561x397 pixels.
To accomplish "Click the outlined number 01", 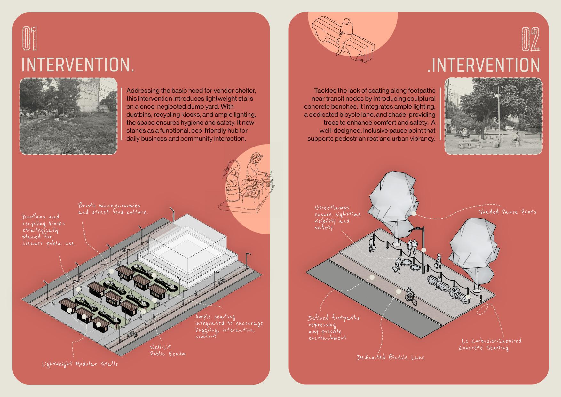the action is click(x=29, y=38).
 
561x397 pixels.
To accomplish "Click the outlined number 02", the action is click(x=530, y=39).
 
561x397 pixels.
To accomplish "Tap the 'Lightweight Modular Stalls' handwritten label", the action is click(x=80, y=364).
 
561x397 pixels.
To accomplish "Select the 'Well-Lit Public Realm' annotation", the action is click(x=168, y=351).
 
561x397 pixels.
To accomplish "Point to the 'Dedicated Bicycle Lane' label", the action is click(x=391, y=357).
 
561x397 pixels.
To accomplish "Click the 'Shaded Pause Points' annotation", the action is click(x=507, y=212).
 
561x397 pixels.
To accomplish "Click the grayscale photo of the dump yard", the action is click(x=68, y=116).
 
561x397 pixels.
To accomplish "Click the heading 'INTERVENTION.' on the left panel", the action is click(x=78, y=65).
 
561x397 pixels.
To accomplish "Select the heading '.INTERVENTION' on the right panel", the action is click(x=484, y=65).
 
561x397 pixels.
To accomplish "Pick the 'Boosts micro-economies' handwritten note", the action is click(x=113, y=209).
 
